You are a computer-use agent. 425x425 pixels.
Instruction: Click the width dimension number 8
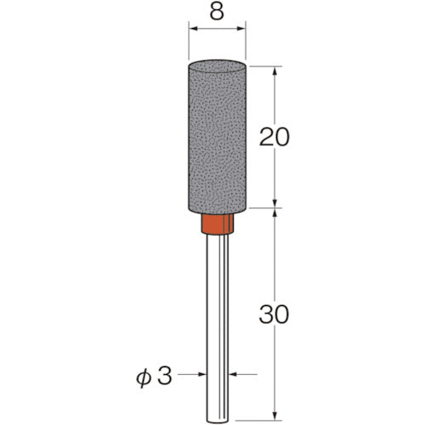click(x=218, y=11)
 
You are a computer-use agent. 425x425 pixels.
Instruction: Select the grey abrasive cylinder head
click(x=218, y=136)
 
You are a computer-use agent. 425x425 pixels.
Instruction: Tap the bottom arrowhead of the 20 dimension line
click(x=275, y=202)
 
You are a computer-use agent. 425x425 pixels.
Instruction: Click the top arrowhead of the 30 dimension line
click(x=275, y=213)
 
